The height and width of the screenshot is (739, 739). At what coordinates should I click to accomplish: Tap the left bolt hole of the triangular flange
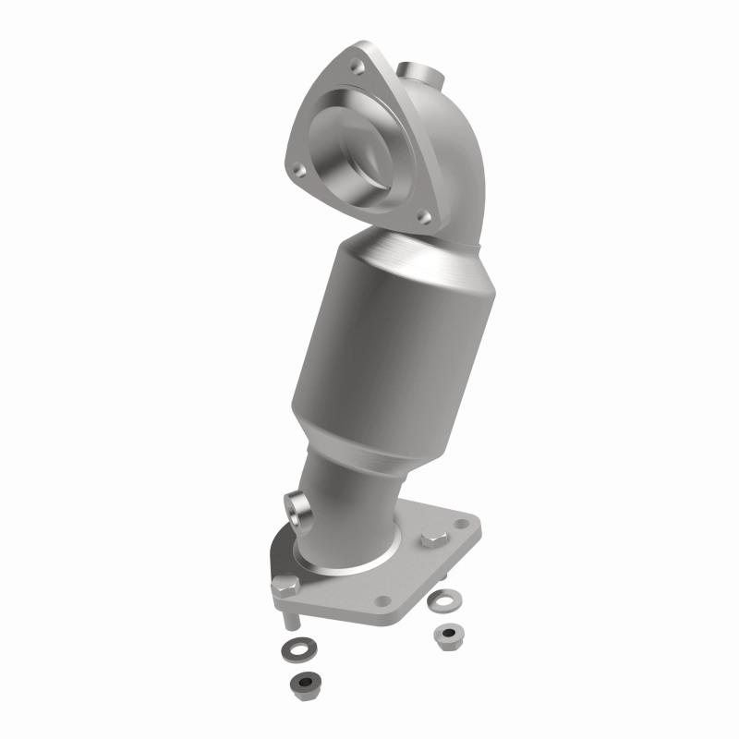(x=298, y=170)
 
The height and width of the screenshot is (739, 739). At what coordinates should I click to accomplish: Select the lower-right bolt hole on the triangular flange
(x=423, y=217)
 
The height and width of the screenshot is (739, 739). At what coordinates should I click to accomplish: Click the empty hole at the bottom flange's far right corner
(x=462, y=525)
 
